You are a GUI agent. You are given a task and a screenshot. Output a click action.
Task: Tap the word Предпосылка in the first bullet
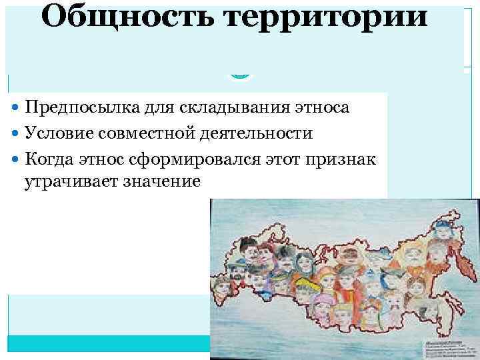(x=81, y=107)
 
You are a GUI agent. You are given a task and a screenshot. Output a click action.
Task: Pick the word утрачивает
(x=71, y=181)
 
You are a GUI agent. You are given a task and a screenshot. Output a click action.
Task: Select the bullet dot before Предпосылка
(x=17, y=107)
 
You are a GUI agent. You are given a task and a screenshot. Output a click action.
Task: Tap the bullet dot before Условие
(x=17, y=133)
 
